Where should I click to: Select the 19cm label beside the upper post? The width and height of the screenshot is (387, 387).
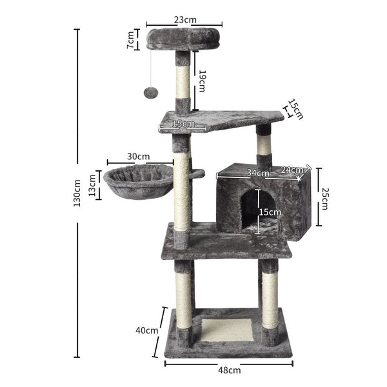point(202,80)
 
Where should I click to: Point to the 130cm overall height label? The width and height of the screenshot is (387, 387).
point(77,193)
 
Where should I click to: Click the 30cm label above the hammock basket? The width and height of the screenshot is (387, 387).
point(139,156)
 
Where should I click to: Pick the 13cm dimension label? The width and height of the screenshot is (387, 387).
point(92,184)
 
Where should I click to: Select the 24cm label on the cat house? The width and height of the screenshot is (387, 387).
point(292,170)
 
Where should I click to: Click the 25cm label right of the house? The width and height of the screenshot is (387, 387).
point(325,198)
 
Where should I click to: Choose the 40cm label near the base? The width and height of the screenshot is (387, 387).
point(147,330)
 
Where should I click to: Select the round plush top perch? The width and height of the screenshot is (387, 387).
point(183,40)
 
